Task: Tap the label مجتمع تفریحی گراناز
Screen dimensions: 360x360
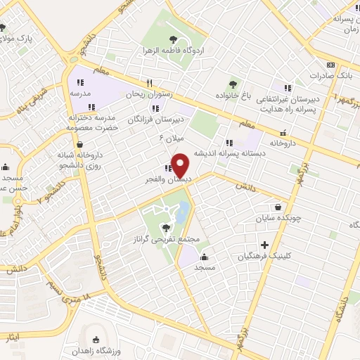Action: point(165,240)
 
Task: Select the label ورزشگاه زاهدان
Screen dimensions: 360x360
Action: point(117,350)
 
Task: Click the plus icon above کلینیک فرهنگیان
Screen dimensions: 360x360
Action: point(264,245)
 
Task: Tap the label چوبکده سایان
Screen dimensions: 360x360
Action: point(281,219)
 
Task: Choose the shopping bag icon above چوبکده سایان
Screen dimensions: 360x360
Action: point(280,207)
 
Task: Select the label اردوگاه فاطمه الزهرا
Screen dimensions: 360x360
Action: point(173,51)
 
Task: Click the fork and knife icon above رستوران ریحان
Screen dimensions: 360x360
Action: point(149,82)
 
